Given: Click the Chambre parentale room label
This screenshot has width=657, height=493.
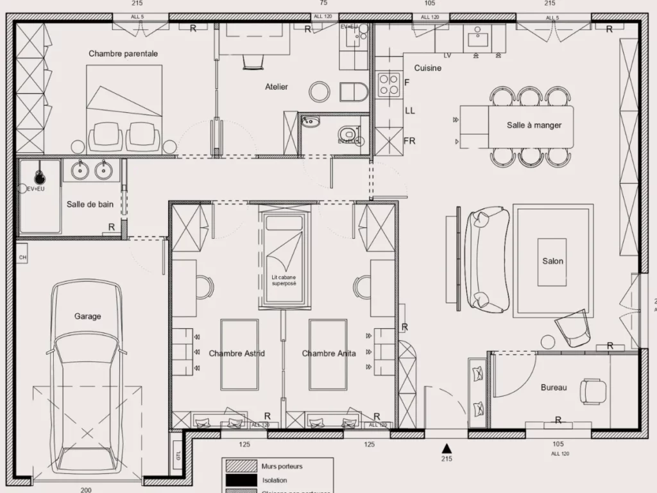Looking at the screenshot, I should (123, 54).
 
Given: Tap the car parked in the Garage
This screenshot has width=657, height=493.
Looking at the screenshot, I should (87, 379).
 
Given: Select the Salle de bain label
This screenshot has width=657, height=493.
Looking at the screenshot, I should (90, 204).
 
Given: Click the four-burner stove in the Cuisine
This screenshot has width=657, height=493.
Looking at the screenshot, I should (389, 84).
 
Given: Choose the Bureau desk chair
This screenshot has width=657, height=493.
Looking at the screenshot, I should (592, 390).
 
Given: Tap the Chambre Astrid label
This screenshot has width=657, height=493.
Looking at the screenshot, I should (237, 354).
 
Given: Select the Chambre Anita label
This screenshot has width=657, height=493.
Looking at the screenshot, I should (328, 354).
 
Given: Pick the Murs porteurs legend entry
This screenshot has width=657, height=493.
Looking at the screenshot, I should (283, 467).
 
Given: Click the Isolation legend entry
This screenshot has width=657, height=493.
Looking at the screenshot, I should (275, 480).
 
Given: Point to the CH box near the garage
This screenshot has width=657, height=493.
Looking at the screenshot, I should (22, 258).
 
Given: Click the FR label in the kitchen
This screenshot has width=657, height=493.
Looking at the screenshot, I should (409, 140).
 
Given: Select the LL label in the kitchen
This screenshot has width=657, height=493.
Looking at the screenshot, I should (410, 110).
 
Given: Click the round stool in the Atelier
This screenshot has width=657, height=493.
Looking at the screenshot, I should (319, 91).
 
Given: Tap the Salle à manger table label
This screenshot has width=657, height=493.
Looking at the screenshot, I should (534, 125).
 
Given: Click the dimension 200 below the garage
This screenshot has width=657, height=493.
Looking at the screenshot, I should (86, 490).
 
